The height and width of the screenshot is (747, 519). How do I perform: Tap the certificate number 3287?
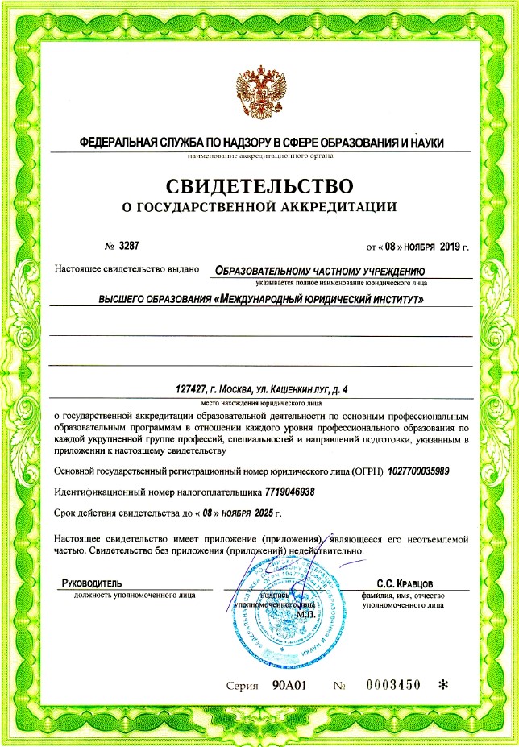(118, 244)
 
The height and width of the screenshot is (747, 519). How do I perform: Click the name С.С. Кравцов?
(405, 582)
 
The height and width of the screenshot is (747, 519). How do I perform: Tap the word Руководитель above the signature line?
(92, 582)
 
